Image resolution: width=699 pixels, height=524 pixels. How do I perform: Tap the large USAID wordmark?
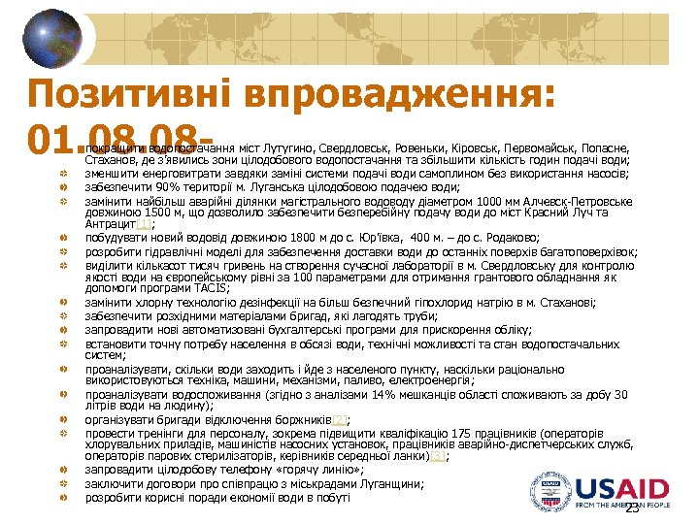pyautogui.click(x=628, y=489)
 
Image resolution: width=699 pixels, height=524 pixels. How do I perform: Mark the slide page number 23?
pyautogui.click(x=632, y=509)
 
